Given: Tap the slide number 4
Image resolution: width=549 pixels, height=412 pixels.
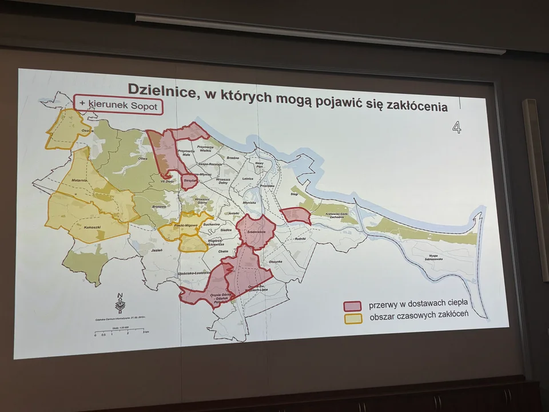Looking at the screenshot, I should [x=456, y=127].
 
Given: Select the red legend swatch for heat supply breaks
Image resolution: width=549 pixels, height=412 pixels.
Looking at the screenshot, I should [x=352, y=306].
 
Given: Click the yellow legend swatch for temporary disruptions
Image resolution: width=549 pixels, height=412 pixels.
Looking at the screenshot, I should [x=352, y=318].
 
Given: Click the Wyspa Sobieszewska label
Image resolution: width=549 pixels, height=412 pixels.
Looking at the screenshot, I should [x=440, y=257].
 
